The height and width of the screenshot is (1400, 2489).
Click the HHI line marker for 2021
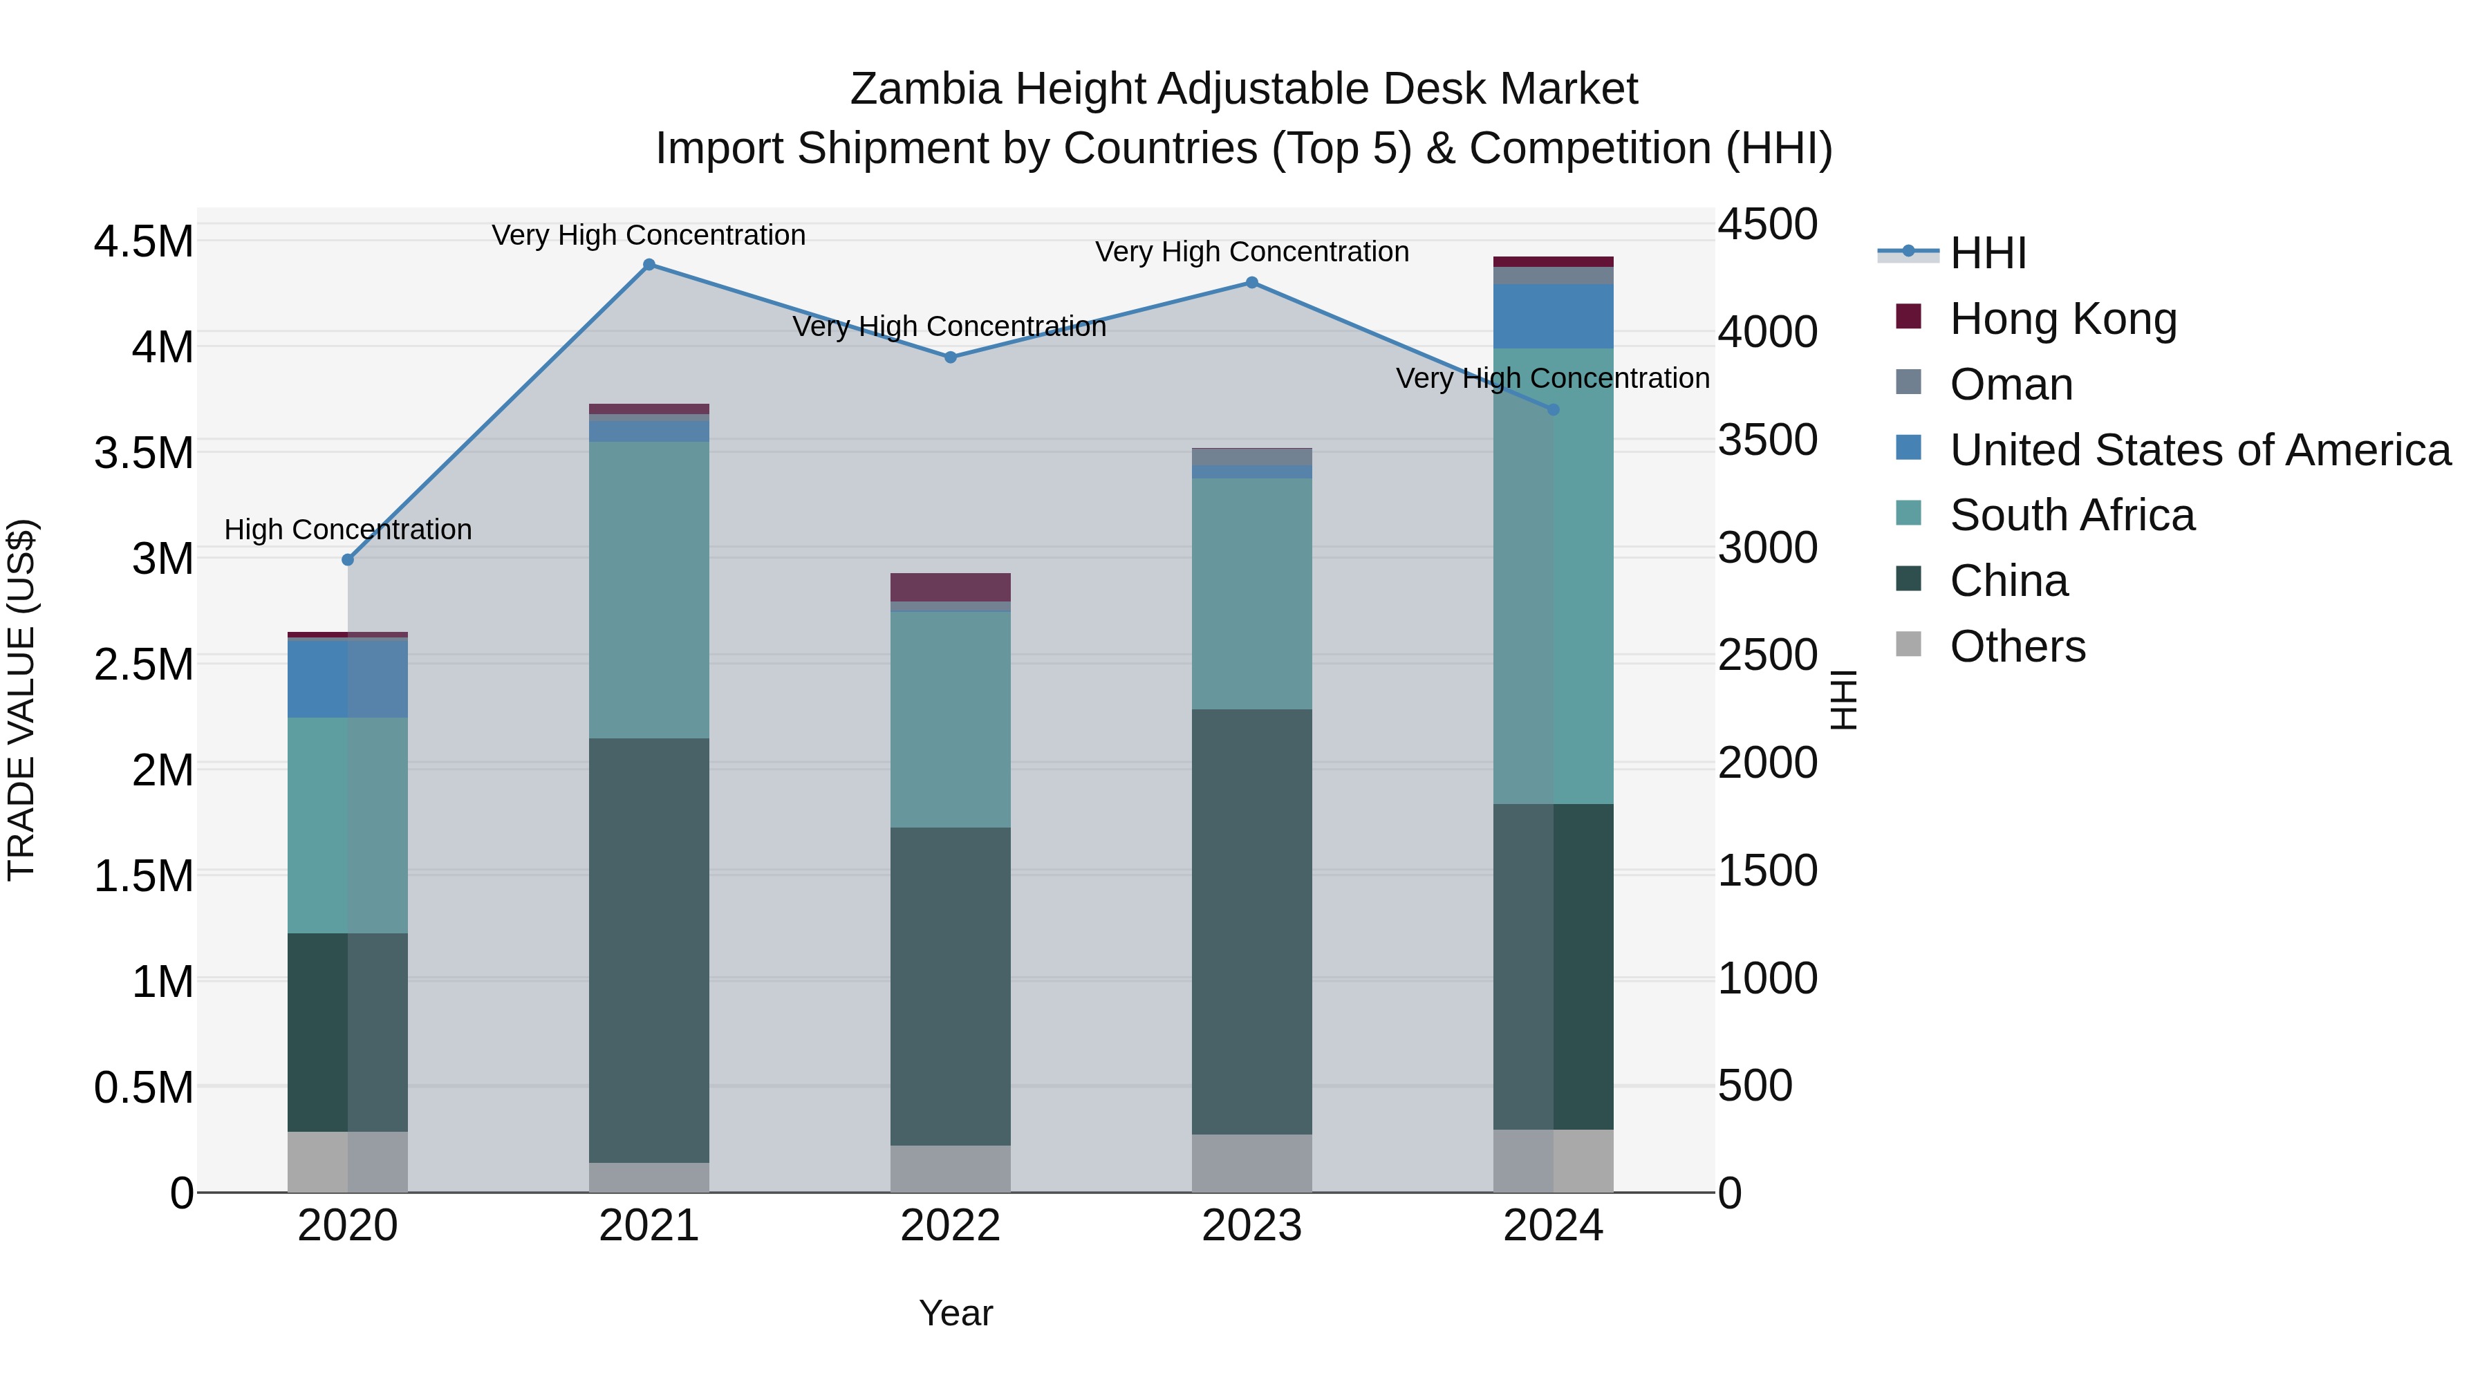click(x=649, y=265)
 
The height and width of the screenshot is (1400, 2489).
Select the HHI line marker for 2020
click(x=348, y=559)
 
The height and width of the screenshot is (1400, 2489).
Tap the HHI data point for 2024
click(x=1554, y=410)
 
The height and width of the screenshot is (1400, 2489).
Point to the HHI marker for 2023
click(x=1252, y=283)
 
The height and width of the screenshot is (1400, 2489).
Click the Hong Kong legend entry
click(x=2063, y=319)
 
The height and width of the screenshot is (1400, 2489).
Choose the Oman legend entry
click(x=2011, y=384)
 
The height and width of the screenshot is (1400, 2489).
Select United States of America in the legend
click(x=2200, y=450)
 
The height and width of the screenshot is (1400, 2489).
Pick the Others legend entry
click(x=2017, y=646)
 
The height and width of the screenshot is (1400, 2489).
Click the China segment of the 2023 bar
click(x=1252, y=921)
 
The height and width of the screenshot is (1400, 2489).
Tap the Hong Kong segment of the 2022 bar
click(x=951, y=586)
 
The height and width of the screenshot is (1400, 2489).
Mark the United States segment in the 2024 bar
click(x=1554, y=316)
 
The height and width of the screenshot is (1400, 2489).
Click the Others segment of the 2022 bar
click(x=951, y=1168)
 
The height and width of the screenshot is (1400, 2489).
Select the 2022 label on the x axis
click(x=951, y=1226)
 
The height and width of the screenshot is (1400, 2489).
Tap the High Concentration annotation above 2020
click(x=348, y=530)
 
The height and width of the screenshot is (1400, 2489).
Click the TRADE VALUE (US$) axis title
click(x=21, y=700)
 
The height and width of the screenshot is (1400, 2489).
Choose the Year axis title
click(x=955, y=1313)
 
